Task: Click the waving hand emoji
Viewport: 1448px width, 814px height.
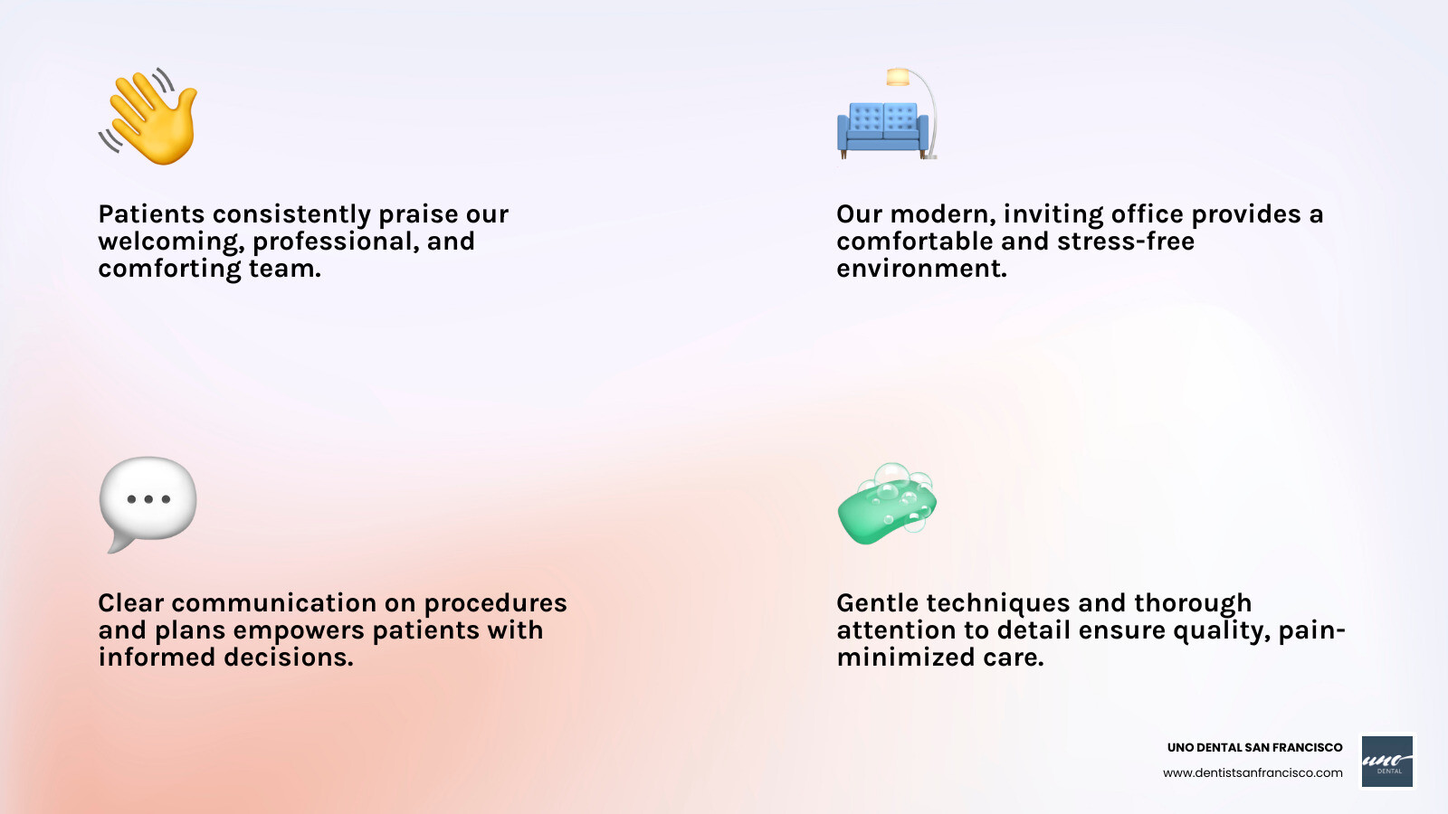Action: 148,117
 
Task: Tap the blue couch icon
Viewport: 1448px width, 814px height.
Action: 882,129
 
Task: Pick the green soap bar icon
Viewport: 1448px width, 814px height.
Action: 887,505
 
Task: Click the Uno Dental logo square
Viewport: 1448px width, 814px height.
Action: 1387,762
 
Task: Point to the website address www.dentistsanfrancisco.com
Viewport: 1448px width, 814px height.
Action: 1253,772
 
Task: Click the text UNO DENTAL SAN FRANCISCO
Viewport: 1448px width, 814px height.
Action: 1254,747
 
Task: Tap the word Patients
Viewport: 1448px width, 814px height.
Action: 151,213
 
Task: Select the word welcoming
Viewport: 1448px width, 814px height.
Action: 171,242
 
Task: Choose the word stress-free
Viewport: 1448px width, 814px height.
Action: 1126,241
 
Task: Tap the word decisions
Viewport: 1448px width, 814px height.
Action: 289,657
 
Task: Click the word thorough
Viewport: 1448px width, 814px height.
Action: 1193,604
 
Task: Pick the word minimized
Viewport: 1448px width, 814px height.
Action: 906,657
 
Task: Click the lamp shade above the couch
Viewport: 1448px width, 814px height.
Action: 898,77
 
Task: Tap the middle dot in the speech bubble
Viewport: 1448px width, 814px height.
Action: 148,498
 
